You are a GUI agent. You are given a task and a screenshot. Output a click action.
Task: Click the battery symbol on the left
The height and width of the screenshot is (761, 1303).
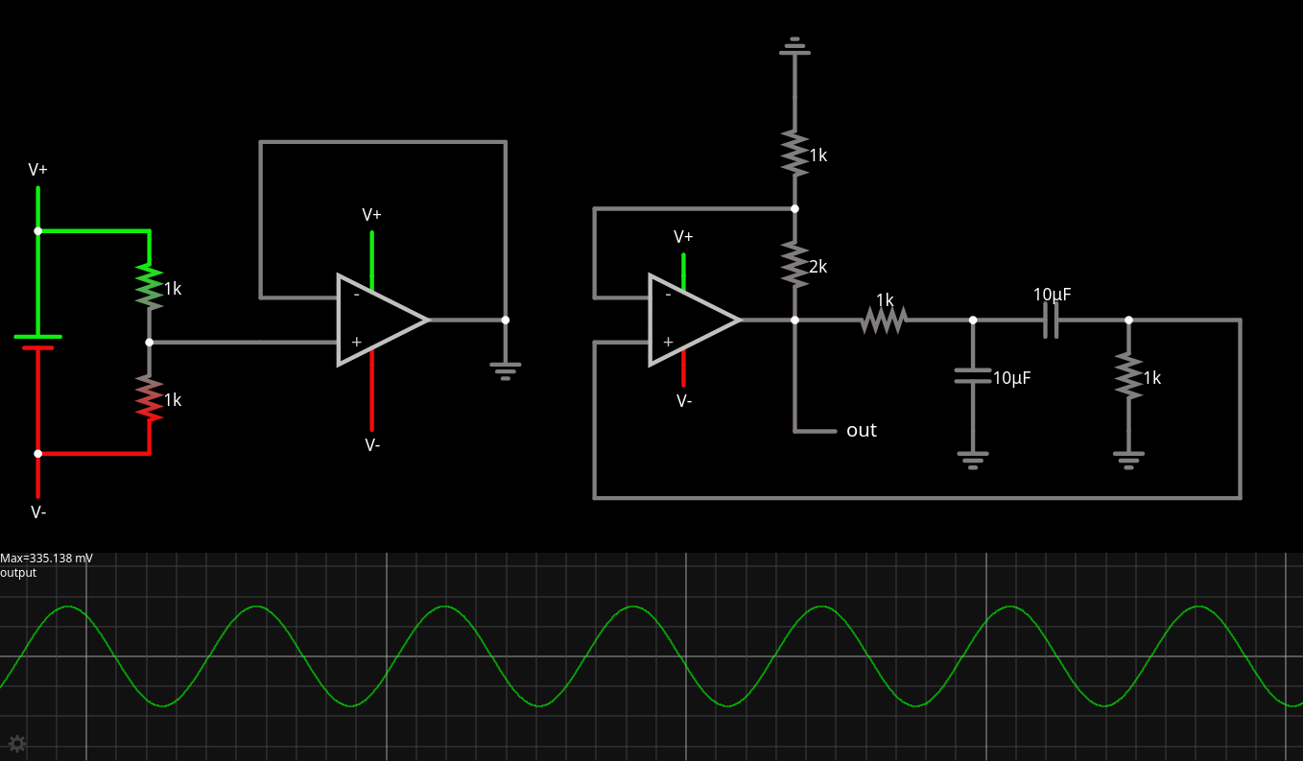point(38,342)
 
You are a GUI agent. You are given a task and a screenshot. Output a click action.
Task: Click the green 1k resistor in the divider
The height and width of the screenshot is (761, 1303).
point(150,286)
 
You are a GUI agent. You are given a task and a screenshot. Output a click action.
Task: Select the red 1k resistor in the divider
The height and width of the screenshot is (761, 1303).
point(150,397)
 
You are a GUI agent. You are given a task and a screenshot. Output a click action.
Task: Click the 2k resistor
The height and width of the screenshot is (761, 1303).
point(794,264)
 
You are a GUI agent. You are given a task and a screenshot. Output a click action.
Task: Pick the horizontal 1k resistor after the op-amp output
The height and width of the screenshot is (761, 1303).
point(884,320)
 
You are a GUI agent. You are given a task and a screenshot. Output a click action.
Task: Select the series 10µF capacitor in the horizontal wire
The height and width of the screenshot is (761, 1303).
point(1051,320)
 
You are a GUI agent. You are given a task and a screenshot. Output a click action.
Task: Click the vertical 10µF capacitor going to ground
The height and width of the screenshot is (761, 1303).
point(973,375)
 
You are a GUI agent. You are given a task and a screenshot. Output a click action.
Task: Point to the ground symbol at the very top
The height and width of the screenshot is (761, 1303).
point(794,46)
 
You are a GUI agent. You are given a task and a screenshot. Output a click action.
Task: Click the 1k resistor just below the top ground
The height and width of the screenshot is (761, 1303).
point(794,153)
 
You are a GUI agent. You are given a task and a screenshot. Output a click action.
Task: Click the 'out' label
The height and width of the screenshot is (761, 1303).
point(861,431)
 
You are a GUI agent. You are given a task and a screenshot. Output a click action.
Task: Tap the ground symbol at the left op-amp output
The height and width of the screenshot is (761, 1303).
point(506,369)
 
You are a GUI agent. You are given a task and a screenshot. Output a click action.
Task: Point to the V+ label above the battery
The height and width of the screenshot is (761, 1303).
point(38,170)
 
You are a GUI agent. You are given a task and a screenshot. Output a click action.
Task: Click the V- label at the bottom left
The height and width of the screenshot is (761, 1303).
point(38,512)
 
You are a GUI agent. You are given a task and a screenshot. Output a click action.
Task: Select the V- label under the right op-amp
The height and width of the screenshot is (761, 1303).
point(684,401)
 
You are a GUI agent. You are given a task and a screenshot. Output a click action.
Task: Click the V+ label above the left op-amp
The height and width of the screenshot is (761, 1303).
point(372,215)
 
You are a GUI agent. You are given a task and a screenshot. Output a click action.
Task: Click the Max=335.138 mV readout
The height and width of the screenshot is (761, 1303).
point(47,559)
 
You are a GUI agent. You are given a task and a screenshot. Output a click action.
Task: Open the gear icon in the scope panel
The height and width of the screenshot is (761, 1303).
point(16,743)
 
